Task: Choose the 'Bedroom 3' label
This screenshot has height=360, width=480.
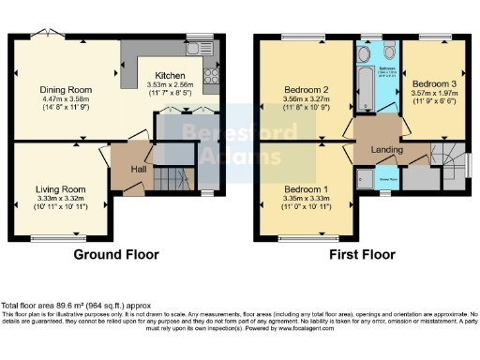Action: coord(432,82)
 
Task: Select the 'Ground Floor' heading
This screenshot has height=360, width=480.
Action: coord(117,254)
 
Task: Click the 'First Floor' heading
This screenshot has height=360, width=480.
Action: coord(362,254)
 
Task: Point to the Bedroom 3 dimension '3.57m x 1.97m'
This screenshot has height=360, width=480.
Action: coord(432,93)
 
